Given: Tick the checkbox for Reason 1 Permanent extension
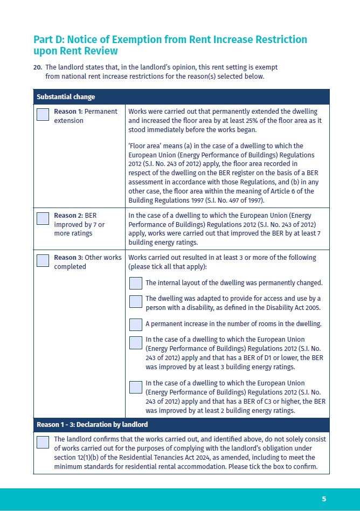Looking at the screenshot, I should (x=43, y=115).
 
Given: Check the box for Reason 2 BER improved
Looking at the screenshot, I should (x=43, y=218).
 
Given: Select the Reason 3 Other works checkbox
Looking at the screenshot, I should (x=43, y=261).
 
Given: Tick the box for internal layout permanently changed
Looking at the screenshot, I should (x=136, y=283).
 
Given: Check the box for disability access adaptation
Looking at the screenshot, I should (x=136, y=301).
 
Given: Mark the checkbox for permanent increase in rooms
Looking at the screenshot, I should (x=136, y=324).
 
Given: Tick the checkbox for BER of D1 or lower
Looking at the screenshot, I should (x=136, y=343).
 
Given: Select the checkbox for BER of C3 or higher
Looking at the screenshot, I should (x=136, y=386).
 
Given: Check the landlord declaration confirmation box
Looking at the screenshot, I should (x=43, y=442).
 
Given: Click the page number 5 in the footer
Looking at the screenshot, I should (x=324, y=499).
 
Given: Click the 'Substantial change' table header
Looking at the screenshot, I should (x=66, y=97).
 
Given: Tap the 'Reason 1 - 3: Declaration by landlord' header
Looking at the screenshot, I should (x=92, y=425).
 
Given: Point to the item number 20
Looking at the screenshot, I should (x=38, y=67).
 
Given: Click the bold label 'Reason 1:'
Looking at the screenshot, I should (x=68, y=112).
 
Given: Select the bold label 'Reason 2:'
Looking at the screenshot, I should (x=68, y=216).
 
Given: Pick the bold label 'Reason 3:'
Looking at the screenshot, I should (x=68, y=258).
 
